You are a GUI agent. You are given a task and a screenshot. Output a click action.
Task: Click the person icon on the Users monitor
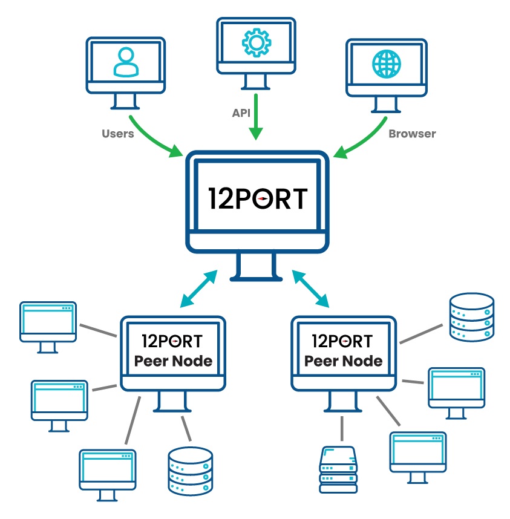click(x=125, y=63)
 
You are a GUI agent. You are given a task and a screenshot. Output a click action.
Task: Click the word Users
click(x=117, y=133)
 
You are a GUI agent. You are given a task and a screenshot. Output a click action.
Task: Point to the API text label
click(x=241, y=113)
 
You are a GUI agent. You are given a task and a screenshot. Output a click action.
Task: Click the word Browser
click(x=412, y=133)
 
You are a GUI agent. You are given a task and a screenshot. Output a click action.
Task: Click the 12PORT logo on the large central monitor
click(x=257, y=198)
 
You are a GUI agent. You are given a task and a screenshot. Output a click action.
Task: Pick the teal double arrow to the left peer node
click(x=199, y=288)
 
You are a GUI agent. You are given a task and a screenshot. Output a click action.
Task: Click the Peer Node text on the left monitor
click(x=174, y=361)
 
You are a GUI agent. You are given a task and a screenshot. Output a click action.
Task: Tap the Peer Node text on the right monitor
click(x=343, y=361)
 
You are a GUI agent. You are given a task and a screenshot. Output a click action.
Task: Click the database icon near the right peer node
click(x=471, y=316)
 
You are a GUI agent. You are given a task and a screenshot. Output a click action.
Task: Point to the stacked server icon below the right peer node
click(x=339, y=469)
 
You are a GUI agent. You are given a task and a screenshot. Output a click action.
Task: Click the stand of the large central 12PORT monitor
click(x=257, y=266)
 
